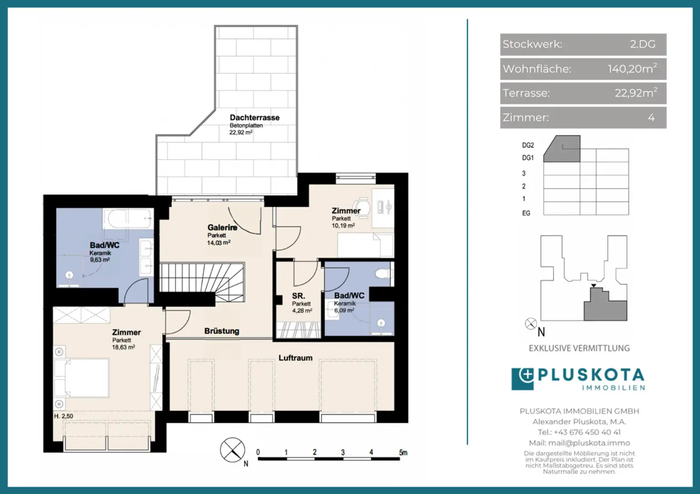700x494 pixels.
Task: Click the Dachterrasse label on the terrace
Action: click(255, 118)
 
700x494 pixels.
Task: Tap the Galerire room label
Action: click(222, 227)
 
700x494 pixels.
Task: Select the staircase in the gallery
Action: click(202, 282)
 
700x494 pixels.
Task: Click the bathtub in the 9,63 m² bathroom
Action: click(128, 219)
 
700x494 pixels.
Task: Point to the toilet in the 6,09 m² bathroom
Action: click(383, 274)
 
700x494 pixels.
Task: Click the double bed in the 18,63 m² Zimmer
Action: click(81, 378)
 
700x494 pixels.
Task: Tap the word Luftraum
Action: click(295, 358)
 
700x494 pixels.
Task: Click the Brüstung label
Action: click(222, 331)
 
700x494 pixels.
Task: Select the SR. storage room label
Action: click(299, 295)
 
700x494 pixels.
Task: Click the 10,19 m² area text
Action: click(343, 225)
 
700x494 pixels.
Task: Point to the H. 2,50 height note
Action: click(63, 416)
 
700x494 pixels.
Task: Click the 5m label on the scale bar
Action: click(403, 453)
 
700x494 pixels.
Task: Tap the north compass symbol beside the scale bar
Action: click(232, 450)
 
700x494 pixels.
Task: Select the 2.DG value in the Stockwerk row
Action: click(643, 44)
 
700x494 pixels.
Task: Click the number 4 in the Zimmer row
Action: click(651, 118)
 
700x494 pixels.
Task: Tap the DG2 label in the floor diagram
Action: click(528, 145)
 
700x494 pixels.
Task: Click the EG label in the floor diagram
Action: click(526, 213)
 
